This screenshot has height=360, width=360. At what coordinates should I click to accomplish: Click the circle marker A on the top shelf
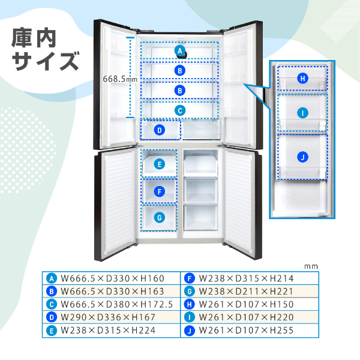(180, 51)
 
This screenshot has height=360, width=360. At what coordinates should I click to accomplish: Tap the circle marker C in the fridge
(180, 110)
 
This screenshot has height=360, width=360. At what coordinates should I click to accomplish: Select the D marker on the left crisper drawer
(160, 130)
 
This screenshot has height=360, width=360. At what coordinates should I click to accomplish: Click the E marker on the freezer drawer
(160, 164)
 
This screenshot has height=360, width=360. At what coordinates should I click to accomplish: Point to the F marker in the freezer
(160, 191)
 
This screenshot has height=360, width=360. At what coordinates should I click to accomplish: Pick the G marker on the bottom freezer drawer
(160, 218)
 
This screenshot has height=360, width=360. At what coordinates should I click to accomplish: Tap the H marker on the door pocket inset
(302, 79)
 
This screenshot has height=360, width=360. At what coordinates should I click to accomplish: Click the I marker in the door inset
(302, 113)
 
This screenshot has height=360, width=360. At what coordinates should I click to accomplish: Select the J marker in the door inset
(302, 157)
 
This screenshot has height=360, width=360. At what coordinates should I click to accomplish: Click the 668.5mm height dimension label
(120, 79)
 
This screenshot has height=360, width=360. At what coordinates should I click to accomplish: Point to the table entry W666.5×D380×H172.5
(116, 304)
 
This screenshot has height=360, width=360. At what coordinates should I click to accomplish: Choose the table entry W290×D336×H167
(108, 317)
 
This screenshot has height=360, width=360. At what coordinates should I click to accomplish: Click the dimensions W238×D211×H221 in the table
(246, 292)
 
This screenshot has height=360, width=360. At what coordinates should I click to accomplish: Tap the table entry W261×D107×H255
(246, 331)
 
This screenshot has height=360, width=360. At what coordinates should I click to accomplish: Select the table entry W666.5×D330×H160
(112, 278)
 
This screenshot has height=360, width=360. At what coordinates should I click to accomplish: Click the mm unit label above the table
(311, 266)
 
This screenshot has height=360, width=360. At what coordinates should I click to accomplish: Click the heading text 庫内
(34, 38)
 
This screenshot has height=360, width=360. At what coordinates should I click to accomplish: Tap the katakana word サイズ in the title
(46, 61)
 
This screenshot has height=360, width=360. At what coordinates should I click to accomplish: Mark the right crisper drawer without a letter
(202, 130)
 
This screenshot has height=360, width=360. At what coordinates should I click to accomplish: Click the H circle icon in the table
(190, 304)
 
